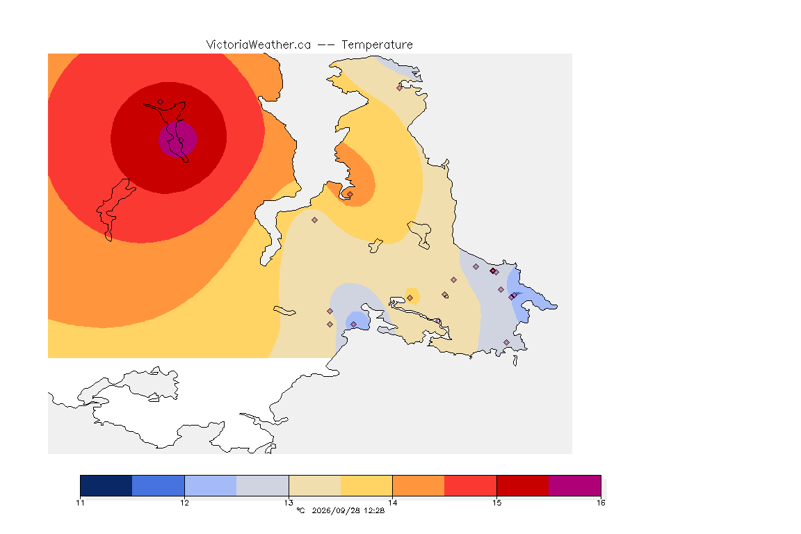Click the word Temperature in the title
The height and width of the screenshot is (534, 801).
pos(377,45)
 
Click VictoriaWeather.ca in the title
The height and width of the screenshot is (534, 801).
pos(259,45)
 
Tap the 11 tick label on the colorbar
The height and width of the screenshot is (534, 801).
pos(80,503)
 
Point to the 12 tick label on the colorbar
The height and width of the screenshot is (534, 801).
pos(184,503)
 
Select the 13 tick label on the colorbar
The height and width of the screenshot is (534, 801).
pos(289,503)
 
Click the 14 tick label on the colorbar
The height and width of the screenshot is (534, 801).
pos(392,503)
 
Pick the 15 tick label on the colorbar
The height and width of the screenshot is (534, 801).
pos(496,503)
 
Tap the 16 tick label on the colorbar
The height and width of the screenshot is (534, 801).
pos(601,503)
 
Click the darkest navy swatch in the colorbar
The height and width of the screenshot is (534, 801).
pos(106,485)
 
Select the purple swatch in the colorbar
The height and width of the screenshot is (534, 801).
pos(575,485)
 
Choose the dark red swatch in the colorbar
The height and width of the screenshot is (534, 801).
pos(523,485)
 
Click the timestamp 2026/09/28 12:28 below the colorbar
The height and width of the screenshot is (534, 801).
pos(348,510)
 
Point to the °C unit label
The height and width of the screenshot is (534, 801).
pos(300,510)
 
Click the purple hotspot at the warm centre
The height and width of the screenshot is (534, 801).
pos(178,139)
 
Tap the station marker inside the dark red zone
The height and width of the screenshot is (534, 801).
pos(161,102)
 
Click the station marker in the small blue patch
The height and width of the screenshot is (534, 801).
pos(353,325)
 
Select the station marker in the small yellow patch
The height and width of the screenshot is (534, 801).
pos(410,298)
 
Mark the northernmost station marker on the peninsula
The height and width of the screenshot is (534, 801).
pos(400,88)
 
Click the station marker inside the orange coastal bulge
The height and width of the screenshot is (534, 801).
pos(350,194)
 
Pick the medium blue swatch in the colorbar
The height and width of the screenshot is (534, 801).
pos(159,485)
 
